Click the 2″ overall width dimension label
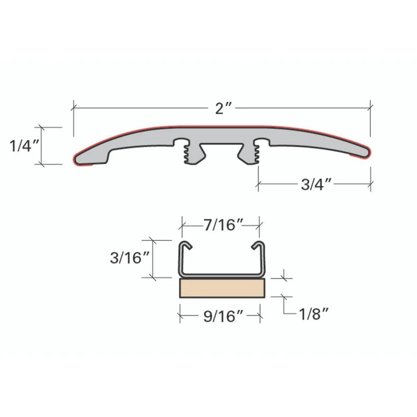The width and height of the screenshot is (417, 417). tap(224, 108)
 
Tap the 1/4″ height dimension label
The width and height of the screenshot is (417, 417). tap(24, 146)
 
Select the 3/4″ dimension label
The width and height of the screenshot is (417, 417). tap(316, 185)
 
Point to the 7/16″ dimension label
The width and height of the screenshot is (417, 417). tap(224, 225)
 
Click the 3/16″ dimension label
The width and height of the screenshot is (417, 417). tap(130, 257)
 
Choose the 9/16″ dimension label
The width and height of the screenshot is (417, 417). tap(224, 316)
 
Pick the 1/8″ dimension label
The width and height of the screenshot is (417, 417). tap(314, 314)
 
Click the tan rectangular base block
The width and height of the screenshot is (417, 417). tap(223, 288)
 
